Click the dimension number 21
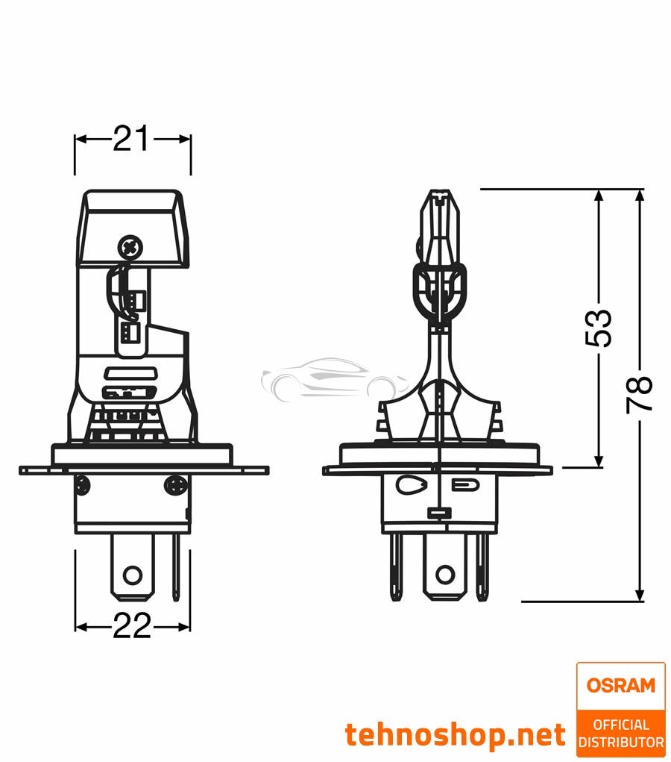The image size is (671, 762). pos(132,139)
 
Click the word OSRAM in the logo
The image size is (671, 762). pos(620,685)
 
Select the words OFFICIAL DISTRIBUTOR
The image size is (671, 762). pos(620,733)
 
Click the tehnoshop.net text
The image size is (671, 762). pos(455,734)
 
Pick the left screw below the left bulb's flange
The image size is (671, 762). pos(84,486)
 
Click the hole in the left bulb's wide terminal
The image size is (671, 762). pos(132,574)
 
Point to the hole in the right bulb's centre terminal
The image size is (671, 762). pos(444,574)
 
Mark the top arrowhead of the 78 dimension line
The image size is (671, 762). pos(640,196)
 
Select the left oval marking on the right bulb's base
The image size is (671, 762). pos(409,484)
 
